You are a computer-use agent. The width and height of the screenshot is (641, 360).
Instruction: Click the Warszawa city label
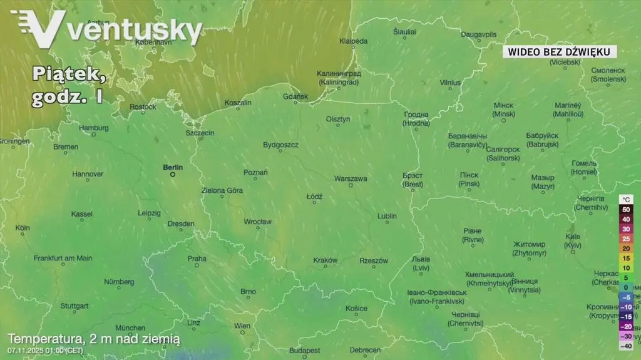[x=351, y=178]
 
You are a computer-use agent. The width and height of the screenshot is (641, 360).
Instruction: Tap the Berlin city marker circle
[x=173, y=175]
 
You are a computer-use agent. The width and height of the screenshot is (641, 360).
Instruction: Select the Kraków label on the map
[x=326, y=260]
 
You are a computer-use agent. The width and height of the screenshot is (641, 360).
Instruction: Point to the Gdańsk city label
[x=295, y=96]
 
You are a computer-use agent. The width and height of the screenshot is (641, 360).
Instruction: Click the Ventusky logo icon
[x=38, y=28]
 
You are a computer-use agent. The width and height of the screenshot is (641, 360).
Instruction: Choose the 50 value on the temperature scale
[x=626, y=209]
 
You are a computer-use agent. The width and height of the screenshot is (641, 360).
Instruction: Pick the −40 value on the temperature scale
[x=625, y=346]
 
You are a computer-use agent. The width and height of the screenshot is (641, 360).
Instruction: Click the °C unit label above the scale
[x=626, y=199]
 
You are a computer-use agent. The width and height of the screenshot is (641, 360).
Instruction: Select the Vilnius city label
[x=449, y=82]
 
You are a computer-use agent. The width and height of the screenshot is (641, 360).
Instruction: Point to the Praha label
[x=197, y=259]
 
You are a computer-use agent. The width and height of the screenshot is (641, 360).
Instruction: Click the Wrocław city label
[x=257, y=222]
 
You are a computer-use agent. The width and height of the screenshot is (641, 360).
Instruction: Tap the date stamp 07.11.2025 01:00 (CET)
[x=45, y=350]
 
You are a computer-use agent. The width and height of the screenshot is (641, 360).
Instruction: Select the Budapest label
[x=305, y=350]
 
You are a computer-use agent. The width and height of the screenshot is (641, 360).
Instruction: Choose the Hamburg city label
[x=94, y=128]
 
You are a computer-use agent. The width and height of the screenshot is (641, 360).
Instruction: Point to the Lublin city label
[x=387, y=216]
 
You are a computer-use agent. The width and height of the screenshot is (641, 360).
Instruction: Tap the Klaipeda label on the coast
[x=354, y=41]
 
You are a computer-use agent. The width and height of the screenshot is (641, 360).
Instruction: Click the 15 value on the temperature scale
[x=626, y=258]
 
